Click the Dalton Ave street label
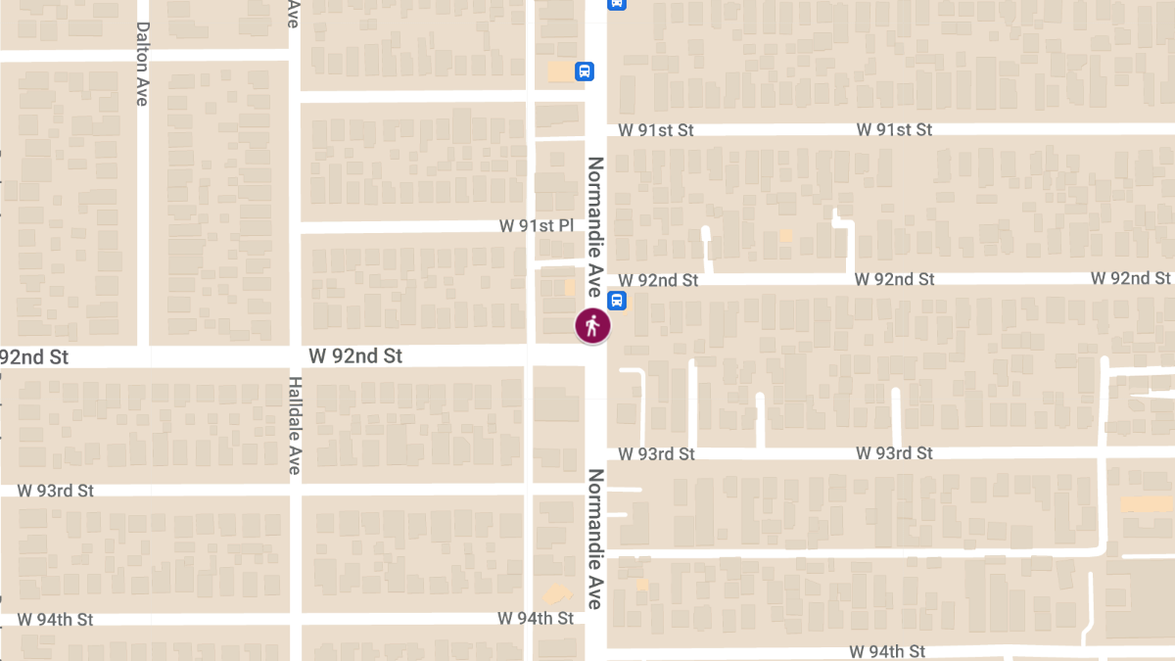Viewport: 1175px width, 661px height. click(143, 64)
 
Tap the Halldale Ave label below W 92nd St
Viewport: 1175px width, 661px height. click(294, 425)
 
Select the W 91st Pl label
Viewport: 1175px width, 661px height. click(537, 226)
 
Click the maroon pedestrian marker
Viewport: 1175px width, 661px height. click(592, 325)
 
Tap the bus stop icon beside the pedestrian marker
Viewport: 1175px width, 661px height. click(618, 300)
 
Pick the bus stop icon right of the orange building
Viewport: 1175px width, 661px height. click(584, 71)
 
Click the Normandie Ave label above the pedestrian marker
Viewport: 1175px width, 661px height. click(594, 226)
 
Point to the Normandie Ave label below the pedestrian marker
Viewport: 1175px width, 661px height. click(594, 540)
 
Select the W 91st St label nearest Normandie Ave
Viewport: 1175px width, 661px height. click(656, 130)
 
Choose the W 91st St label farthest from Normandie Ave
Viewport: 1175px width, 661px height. click(894, 129)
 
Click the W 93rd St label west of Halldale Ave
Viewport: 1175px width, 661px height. click(56, 491)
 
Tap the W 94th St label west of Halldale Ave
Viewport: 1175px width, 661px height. click(56, 620)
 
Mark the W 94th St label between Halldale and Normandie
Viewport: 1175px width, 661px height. click(536, 618)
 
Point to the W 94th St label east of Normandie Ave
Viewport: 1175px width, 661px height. click(887, 651)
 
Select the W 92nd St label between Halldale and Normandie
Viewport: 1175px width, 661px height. click(355, 356)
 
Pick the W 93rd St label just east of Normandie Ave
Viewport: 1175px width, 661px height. click(657, 454)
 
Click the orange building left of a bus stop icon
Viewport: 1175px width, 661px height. click(560, 71)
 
